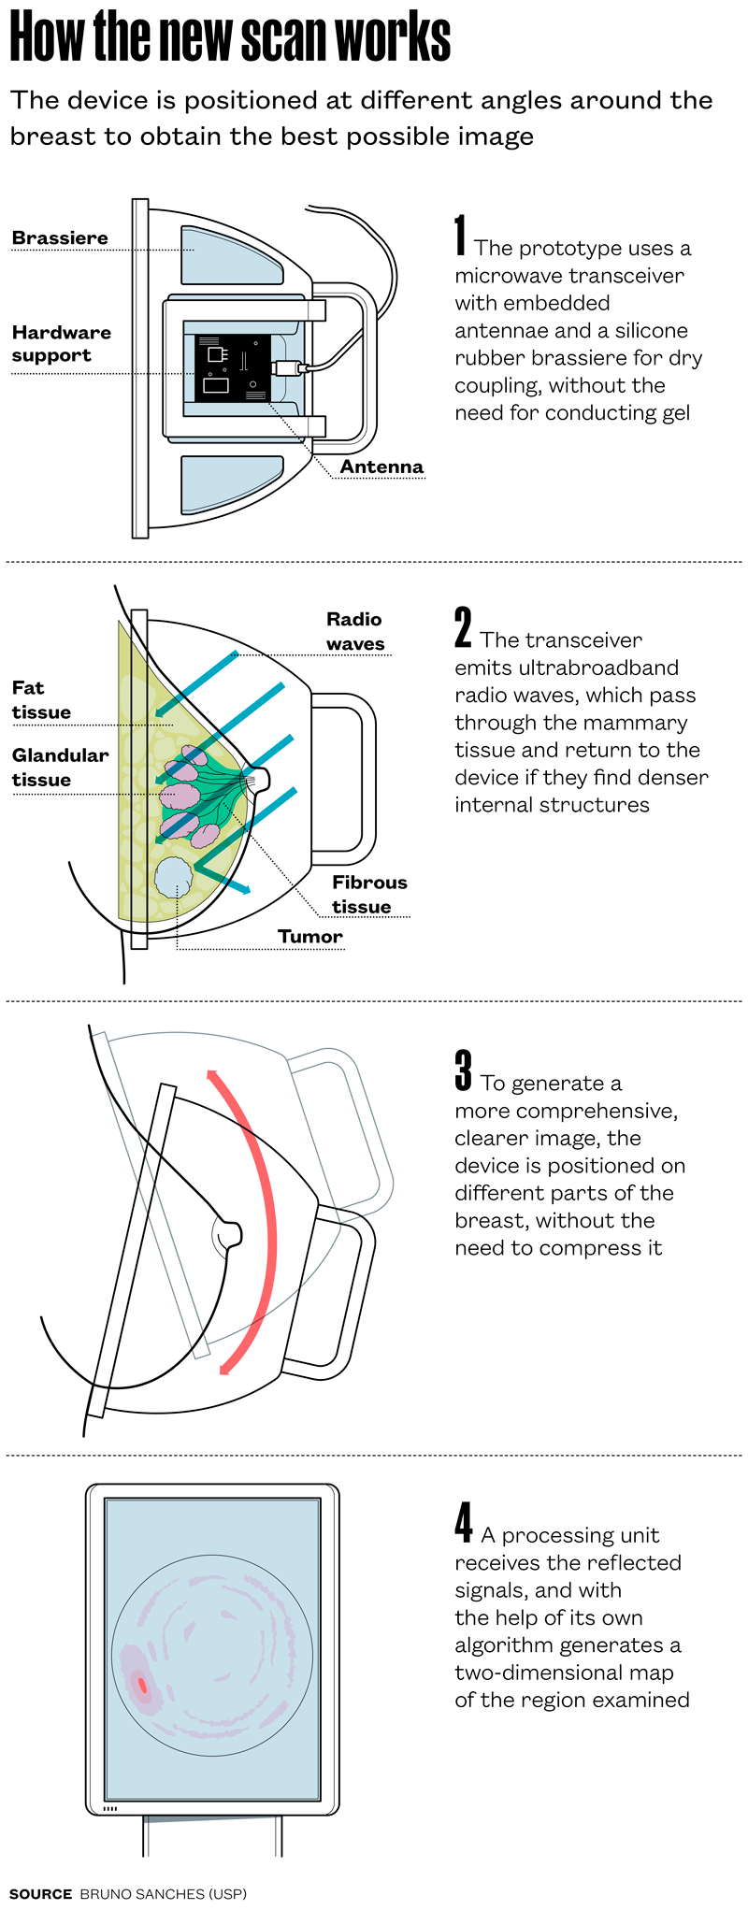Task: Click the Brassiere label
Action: [x=60, y=238]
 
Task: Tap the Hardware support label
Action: [x=61, y=344]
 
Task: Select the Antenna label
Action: [x=381, y=467]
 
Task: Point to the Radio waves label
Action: [x=354, y=631]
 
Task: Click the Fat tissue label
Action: [x=41, y=700]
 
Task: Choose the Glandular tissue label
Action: [x=60, y=768]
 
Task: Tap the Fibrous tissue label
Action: [x=369, y=895]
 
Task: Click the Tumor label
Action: [x=310, y=937]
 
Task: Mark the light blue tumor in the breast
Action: [x=173, y=877]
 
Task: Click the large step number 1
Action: [x=460, y=235]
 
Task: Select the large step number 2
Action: [x=463, y=627]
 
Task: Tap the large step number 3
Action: [x=463, y=1070]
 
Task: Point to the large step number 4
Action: [x=464, y=1522]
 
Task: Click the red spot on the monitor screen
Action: [x=142, y=1685]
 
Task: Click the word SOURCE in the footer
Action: [x=40, y=1894]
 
